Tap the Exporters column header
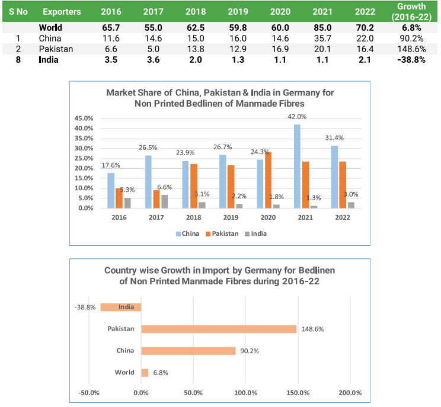[62, 12]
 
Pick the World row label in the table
[50, 27]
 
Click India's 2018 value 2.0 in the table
[196, 59]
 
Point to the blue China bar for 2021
[297, 166]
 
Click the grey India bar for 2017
[164, 201]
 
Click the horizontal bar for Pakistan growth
[219, 329]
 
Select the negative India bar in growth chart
[121, 307]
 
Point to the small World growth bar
[145, 373]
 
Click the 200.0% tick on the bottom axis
[350, 392]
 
